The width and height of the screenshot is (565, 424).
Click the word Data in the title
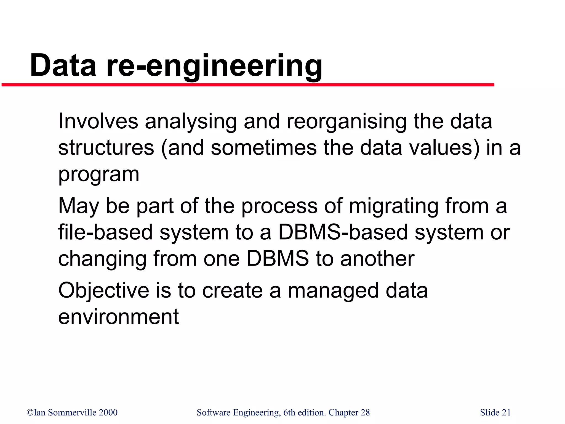click(63, 65)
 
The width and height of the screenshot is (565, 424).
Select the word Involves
click(98, 121)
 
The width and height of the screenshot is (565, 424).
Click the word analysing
click(191, 122)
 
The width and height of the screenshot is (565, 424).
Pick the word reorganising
click(346, 122)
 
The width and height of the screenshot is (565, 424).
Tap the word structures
click(106, 148)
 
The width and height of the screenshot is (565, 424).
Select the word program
click(98, 174)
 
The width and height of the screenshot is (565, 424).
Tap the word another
click(377, 259)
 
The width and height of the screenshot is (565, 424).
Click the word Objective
click(104, 291)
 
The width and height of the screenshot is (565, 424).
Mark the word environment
click(119, 317)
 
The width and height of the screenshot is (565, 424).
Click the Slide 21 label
click(495, 413)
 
